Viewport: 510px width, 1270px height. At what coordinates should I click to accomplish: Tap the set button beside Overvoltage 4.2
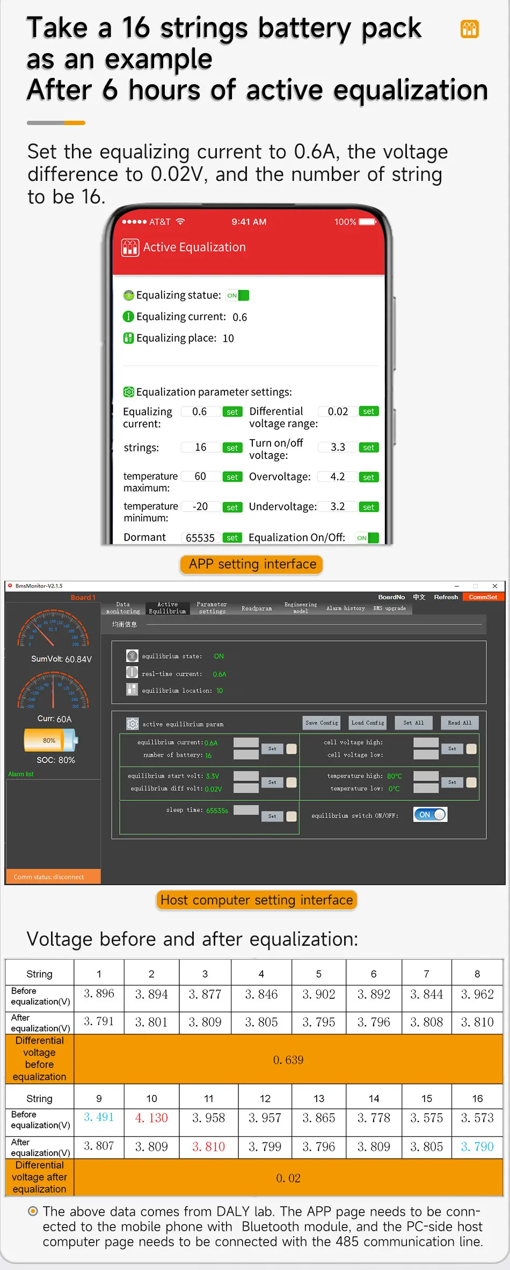pos(368,477)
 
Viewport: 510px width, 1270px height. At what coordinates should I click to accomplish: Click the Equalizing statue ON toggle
pos(237,295)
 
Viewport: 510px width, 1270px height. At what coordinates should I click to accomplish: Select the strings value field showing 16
pos(201,447)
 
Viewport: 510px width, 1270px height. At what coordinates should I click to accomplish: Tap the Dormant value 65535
pos(200,538)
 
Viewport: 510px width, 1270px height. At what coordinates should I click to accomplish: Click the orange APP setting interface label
pos(252,564)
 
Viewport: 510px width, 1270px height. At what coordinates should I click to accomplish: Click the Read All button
pos(460,722)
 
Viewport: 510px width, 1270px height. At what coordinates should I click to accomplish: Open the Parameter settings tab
pos(212,608)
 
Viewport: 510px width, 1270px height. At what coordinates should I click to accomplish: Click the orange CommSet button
pos(483,597)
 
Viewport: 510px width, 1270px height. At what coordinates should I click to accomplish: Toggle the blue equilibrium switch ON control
pos(430,814)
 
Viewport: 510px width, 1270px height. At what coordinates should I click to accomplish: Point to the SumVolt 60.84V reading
pos(61,659)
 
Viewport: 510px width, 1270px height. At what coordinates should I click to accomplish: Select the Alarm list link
pos(21,774)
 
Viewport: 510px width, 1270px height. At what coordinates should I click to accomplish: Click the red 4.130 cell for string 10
pos(151,1118)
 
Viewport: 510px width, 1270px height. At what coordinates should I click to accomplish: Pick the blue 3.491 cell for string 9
pos(99,1117)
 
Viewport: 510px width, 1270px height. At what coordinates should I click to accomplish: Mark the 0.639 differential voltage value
pos(288,1060)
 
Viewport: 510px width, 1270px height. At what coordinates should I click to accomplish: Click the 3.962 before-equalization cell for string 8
pos(477,994)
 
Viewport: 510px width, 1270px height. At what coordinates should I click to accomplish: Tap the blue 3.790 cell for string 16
pos(477,1147)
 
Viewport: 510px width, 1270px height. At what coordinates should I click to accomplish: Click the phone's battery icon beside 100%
pos(368,222)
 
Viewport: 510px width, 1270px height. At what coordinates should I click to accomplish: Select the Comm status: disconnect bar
pos(53,877)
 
